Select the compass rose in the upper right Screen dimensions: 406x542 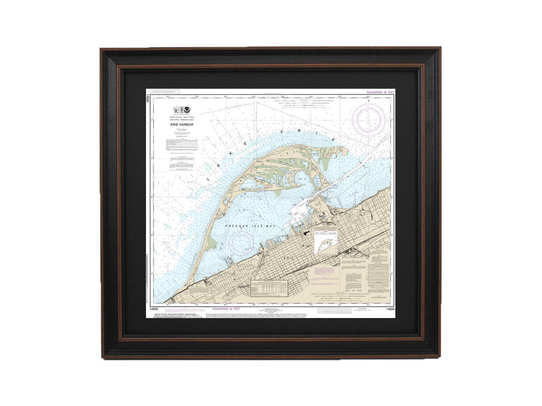point(369,119)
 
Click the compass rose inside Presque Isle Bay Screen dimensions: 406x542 point(241,241)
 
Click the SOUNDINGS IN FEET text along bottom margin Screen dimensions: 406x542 point(226,309)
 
